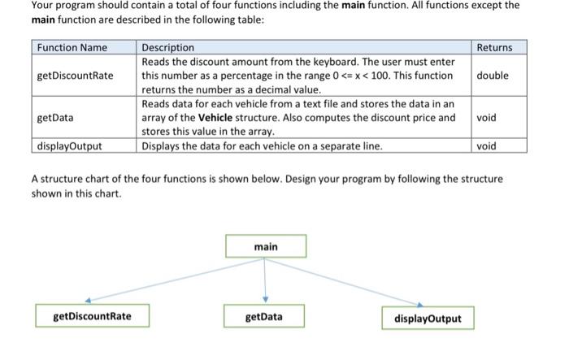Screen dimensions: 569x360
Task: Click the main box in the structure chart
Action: pos(266,246)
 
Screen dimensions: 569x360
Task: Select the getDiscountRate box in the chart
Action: pos(92,316)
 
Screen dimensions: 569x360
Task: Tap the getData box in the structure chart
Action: pos(264,316)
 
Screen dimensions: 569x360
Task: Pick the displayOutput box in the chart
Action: pos(428,318)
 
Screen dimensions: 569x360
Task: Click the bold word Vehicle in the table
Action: pos(215,118)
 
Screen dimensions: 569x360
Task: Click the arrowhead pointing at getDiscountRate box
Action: pos(88,300)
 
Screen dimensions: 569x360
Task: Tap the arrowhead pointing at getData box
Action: pos(265,299)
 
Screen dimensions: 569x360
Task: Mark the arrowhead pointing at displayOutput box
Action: pos(420,305)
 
